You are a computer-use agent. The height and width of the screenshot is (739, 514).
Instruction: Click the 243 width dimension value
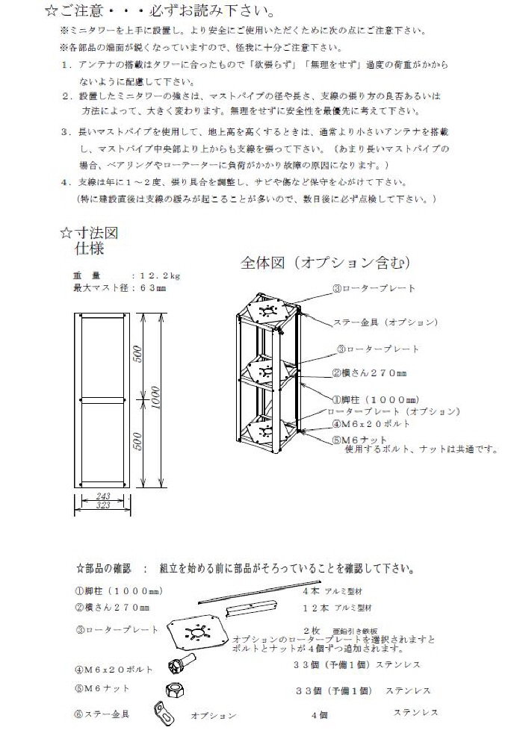pyautogui.click(x=104, y=496)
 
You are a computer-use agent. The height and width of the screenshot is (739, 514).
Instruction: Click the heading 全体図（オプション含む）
pyautogui.click(x=325, y=263)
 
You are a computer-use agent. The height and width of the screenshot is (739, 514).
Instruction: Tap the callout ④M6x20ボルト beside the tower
pyautogui.click(x=372, y=424)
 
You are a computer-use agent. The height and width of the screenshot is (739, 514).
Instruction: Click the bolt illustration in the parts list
pyautogui.click(x=182, y=664)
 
